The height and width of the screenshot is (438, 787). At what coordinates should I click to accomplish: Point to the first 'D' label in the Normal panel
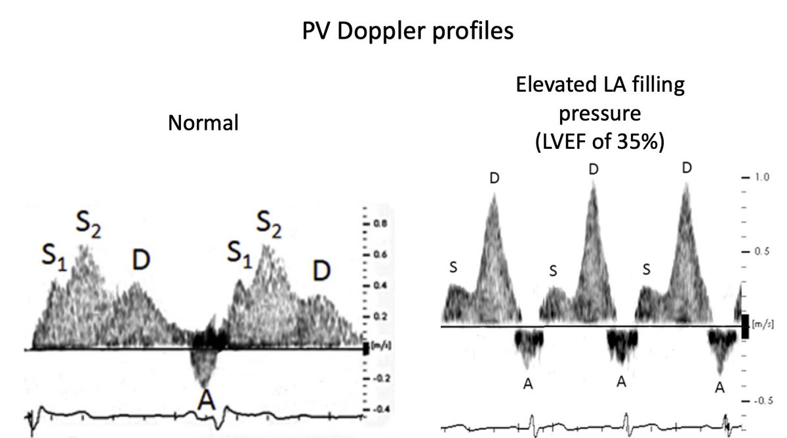pyautogui.click(x=139, y=260)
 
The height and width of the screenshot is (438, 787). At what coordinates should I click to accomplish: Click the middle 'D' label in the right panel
pyautogui.click(x=594, y=169)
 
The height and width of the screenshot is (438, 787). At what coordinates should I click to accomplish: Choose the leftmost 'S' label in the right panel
pyautogui.click(x=453, y=266)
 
